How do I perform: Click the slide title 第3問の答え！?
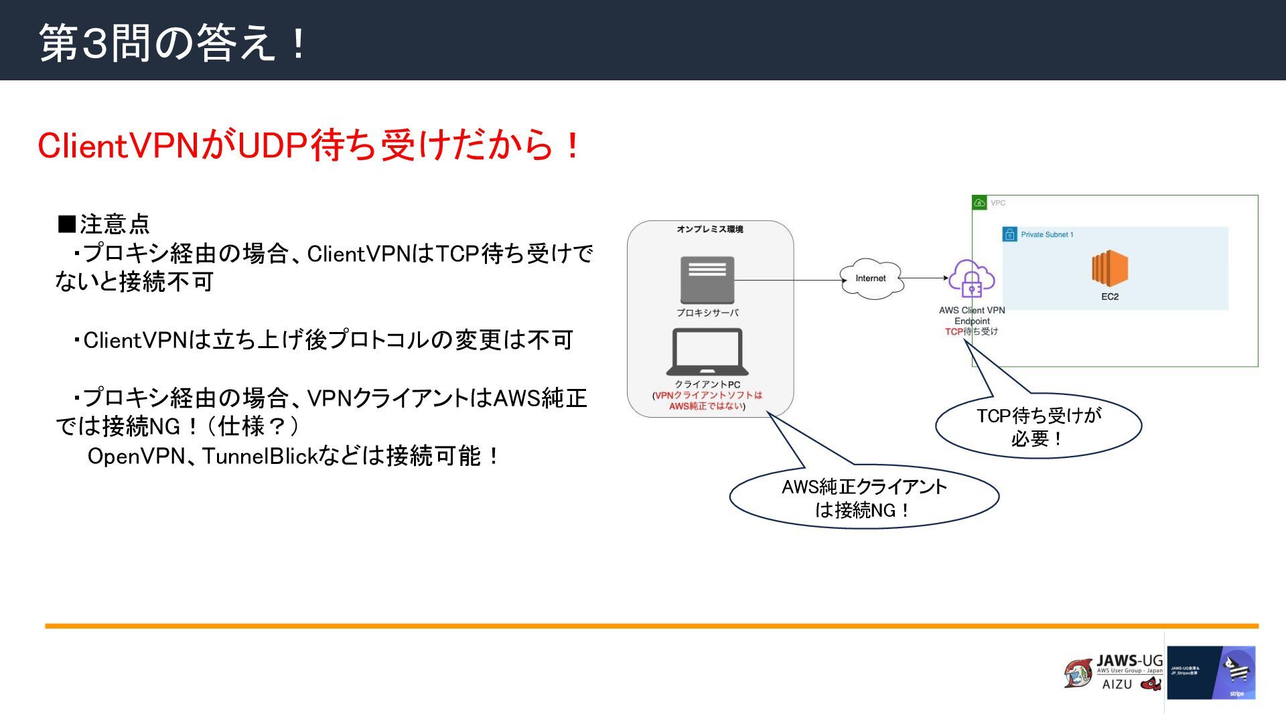coord(173,42)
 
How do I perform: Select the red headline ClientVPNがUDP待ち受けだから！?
coord(309,145)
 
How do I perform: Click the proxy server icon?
coord(707,280)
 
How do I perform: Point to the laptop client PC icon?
coord(707,352)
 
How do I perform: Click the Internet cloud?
coord(871,278)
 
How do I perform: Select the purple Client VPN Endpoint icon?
coord(971,278)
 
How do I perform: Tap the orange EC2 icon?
coord(1109,268)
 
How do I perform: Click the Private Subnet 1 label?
coord(1047,234)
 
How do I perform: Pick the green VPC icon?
coord(979,202)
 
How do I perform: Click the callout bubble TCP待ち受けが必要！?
coord(1038,426)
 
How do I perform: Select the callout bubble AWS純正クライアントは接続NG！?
coord(864,497)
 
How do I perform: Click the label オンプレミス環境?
coord(709,229)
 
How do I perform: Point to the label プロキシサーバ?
coord(707,313)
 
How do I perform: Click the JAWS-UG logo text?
coord(1129,661)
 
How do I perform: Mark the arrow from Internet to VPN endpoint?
coord(924,278)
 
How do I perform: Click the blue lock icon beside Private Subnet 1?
coord(1009,234)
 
